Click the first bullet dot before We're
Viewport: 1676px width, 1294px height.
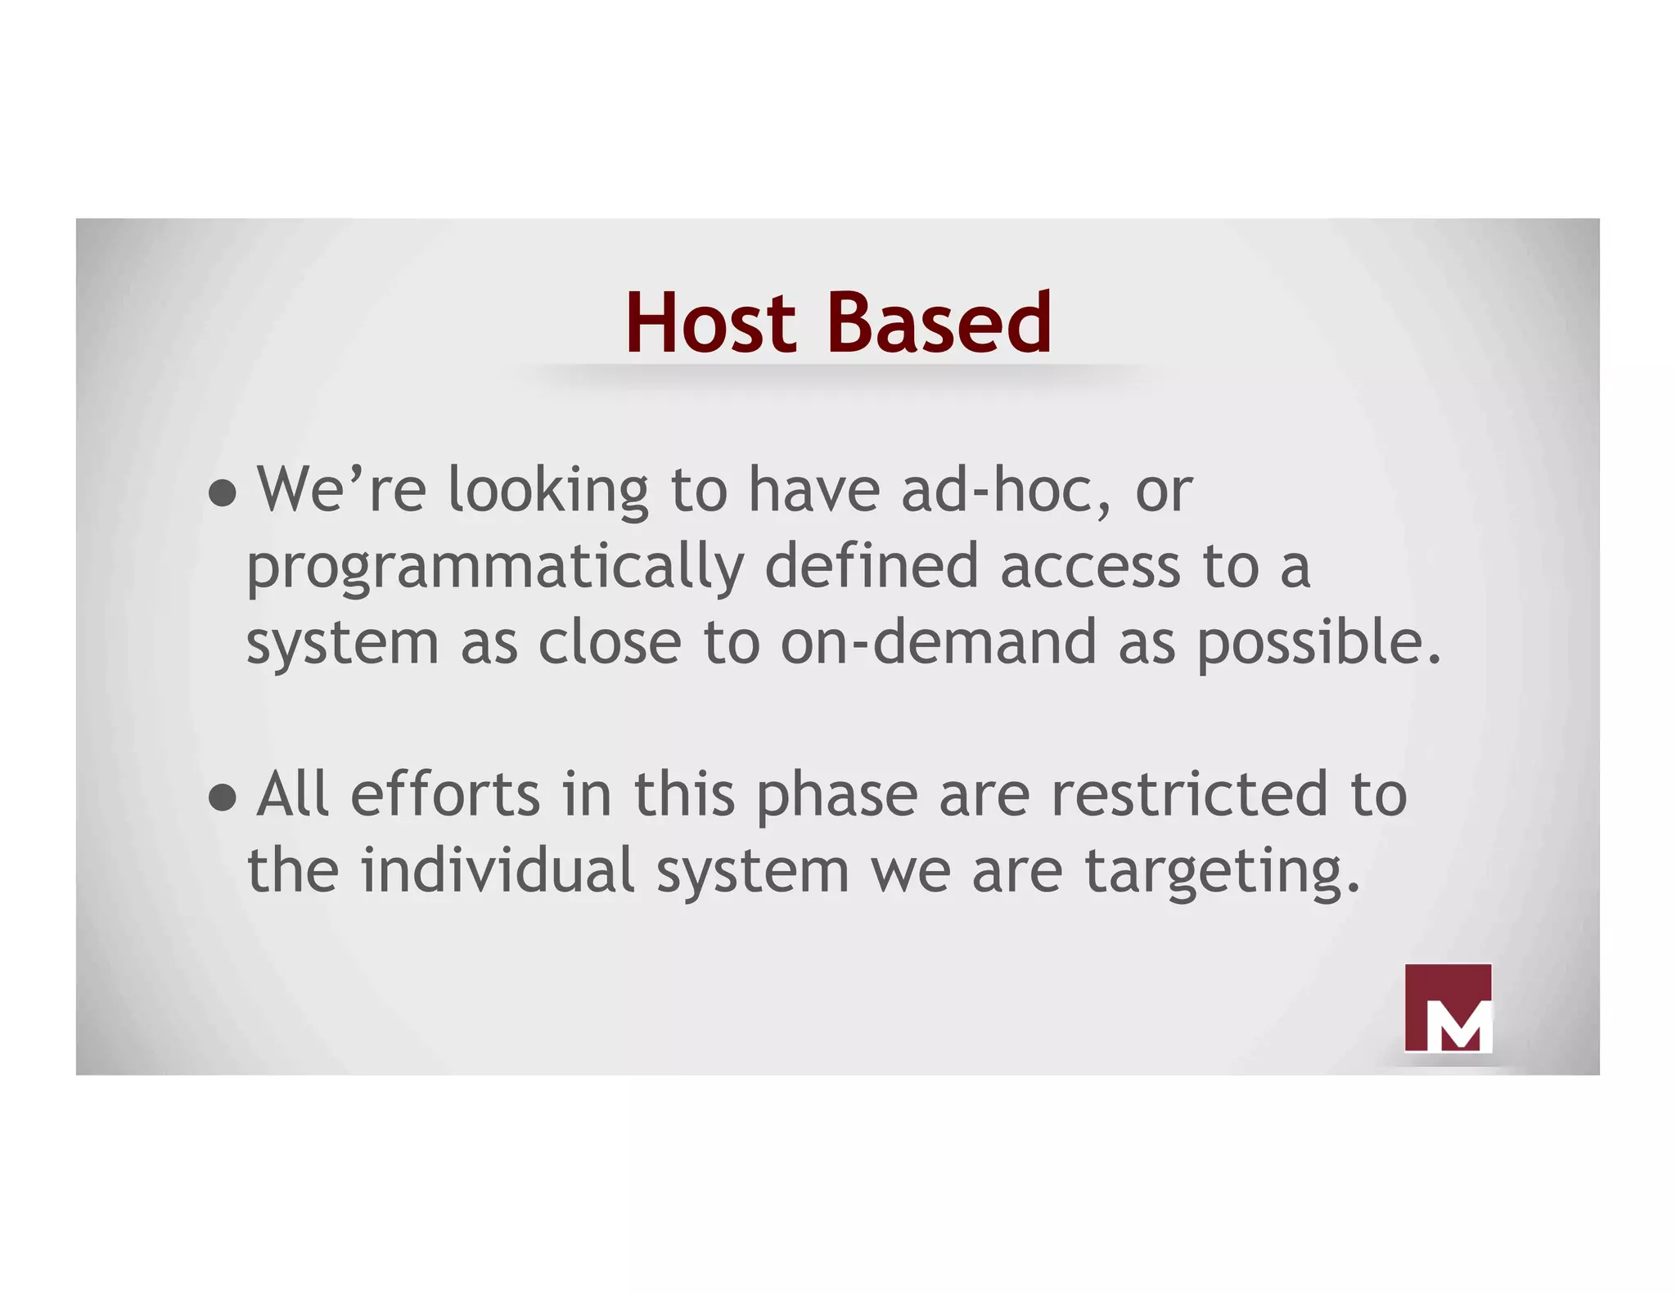click(x=222, y=492)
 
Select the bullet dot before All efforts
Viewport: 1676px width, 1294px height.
click(x=222, y=797)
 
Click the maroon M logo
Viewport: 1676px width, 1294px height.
click(x=1448, y=1008)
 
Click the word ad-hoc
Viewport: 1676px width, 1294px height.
click(x=1007, y=491)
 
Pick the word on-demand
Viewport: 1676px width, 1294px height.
click(x=938, y=643)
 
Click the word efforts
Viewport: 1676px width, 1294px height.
click(x=445, y=795)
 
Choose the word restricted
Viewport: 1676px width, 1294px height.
click(x=1189, y=795)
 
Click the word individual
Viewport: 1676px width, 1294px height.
click(x=498, y=870)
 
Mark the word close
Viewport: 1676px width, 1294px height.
click(x=610, y=643)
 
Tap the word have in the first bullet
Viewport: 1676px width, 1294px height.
click(x=814, y=491)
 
